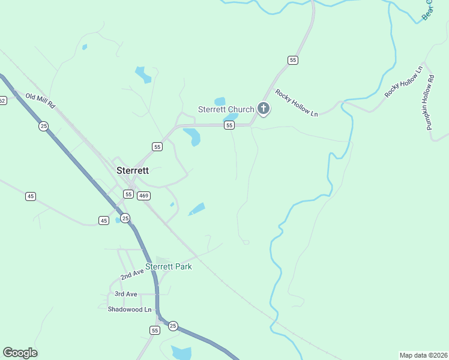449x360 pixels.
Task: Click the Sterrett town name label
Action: pyautogui.click(x=132, y=170)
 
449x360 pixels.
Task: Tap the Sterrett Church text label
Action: pyautogui.click(x=226, y=109)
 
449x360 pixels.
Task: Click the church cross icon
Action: pyautogui.click(x=263, y=109)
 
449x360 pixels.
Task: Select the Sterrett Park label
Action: pyautogui.click(x=169, y=266)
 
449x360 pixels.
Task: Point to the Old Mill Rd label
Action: pyautogui.click(x=40, y=100)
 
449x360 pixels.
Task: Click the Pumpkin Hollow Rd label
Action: pyautogui.click(x=430, y=106)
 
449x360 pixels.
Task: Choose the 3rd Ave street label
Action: pyautogui.click(x=126, y=294)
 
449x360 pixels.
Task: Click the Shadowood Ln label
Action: pyautogui.click(x=130, y=309)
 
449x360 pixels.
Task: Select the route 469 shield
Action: pyautogui.click(x=143, y=196)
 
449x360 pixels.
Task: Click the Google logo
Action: pyautogui.click(x=20, y=353)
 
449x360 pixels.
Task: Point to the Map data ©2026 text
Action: pyautogui.click(x=423, y=355)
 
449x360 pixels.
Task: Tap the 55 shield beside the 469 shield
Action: pyautogui.click(x=128, y=194)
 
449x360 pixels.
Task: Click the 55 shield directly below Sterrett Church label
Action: pyautogui.click(x=229, y=125)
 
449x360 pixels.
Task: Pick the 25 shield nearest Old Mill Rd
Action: pyautogui.click(x=43, y=126)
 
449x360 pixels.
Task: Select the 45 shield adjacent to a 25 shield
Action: pyautogui.click(x=104, y=221)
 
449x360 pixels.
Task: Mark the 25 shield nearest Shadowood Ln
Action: pyautogui.click(x=173, y=326)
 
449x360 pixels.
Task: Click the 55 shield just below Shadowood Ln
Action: pyautogui.click(x=155, y=331)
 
